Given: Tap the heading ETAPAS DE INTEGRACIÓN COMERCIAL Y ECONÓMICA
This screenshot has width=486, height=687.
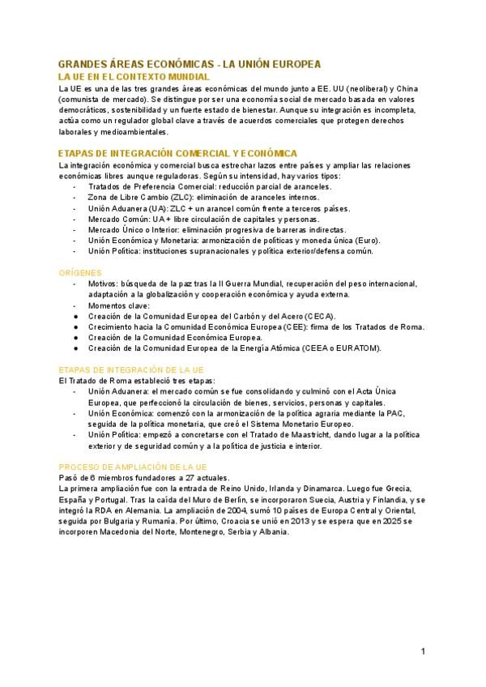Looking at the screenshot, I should point(178,153).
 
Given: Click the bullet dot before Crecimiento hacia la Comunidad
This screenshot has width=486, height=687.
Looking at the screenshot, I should point(75,326).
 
